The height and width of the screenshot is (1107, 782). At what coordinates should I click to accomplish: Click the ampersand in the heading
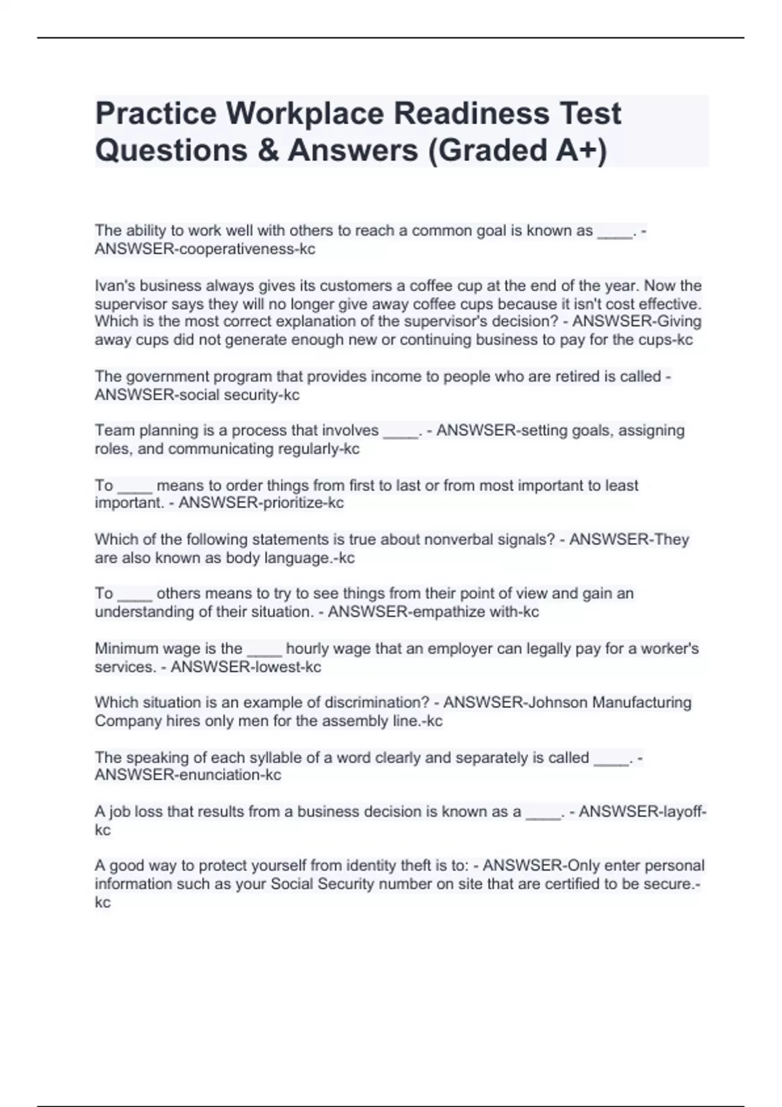click(x=268, y=150)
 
